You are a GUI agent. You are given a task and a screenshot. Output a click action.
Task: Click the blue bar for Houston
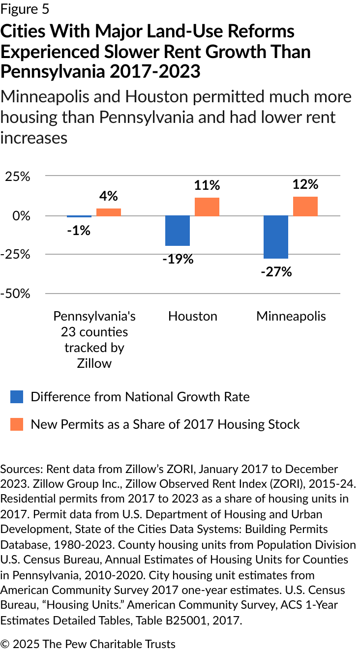click(178, 231)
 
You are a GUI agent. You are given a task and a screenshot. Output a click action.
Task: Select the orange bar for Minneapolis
click(305, 206)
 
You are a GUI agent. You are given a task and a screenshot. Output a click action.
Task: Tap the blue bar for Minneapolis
click(276, 237)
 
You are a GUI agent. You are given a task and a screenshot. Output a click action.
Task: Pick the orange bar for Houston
click(207, 207)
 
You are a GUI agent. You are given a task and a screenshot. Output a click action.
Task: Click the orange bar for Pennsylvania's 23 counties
click(109, 212)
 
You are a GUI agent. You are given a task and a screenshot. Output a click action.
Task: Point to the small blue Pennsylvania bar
click(79, 216)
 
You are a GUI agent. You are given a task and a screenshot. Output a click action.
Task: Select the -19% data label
click(178, 259)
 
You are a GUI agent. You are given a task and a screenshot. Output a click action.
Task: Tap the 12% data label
click(305, 184)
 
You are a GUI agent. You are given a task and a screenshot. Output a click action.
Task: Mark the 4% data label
click(109, 196)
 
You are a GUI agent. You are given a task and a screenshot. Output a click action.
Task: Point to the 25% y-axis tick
click(18, 177)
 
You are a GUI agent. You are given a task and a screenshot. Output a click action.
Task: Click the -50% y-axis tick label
click(16, 294)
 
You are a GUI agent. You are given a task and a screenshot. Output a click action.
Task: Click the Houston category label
click(193, 316)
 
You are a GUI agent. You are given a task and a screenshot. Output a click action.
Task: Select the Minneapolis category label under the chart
click(291, 316)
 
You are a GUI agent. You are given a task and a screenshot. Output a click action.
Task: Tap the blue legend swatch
click(17, 397)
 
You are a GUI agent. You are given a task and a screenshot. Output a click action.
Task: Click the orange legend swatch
click(17, 424)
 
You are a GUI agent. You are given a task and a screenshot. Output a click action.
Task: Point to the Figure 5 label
click(25, 9)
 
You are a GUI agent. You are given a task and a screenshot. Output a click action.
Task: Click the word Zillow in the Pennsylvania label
click(94, 363)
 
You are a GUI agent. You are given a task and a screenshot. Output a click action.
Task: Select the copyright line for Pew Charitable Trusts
click(88, 644)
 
